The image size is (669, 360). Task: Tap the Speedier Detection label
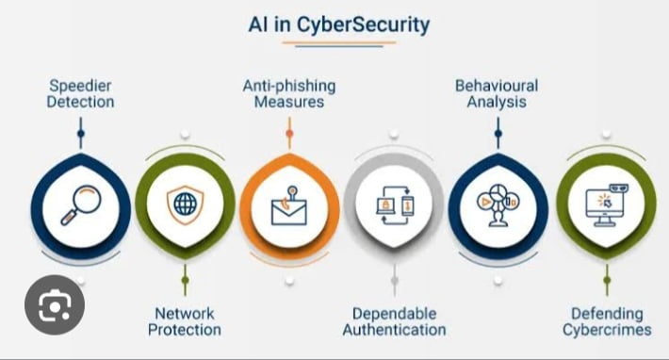81,92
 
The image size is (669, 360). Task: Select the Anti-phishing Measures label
289,92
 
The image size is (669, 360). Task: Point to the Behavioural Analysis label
497,92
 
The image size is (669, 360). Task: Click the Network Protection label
185,321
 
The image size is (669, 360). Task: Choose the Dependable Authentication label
394,321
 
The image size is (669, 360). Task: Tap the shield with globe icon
185,205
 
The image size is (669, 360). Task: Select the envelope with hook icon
289,206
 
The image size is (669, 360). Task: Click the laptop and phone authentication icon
394,205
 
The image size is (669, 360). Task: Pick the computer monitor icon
605,204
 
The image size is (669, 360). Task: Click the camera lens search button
55,305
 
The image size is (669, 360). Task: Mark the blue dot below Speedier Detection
81,134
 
